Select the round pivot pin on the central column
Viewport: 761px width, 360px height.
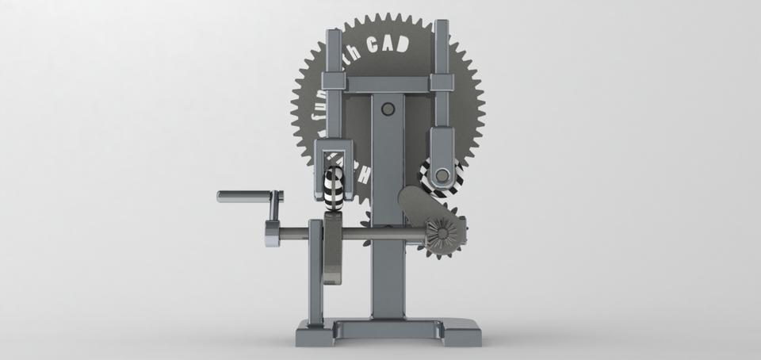[388, 109]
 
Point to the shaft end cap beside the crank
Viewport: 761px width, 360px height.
[272, 233]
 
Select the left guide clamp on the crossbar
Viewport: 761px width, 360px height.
[332, 82]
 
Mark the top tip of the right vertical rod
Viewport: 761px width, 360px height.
[441, 25]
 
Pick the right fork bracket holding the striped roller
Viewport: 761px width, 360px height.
[442, 147]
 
